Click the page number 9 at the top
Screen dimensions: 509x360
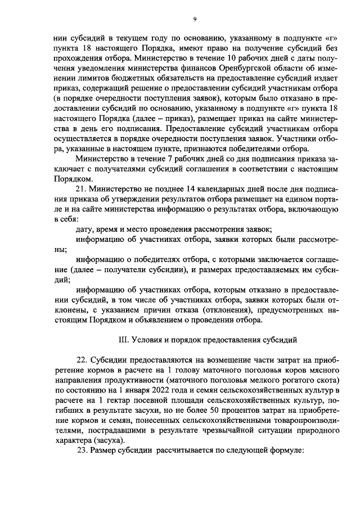[194, 19]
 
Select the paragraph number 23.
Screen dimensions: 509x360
[80, 451]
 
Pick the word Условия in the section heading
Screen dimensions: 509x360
[149, 340]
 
